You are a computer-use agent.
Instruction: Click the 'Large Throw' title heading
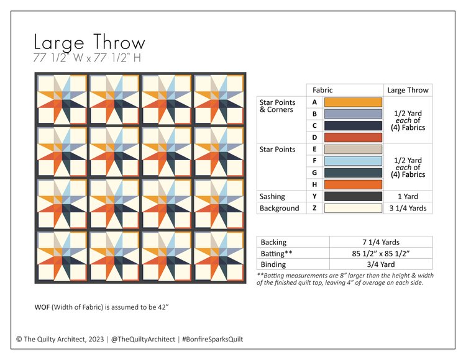89,43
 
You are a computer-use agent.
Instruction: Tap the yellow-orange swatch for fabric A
353,102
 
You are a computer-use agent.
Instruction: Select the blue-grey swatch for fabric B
353,114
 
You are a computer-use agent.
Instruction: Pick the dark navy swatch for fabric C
353,125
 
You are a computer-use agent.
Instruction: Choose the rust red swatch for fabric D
353,137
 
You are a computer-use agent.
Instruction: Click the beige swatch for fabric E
353,149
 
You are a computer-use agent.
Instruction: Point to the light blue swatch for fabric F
353,161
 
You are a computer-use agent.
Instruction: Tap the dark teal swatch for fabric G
353,173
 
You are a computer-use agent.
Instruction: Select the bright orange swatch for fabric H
353,184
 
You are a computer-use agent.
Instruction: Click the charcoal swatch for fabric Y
353,196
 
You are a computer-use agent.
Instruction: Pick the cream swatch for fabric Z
353,208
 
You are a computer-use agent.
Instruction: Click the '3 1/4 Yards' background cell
408,208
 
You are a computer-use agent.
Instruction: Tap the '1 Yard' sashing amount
408,196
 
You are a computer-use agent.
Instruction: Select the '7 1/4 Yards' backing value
380,242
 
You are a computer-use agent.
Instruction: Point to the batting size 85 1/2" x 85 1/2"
380,254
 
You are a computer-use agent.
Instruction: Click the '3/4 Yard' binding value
380,265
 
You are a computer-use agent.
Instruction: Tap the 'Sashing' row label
273,196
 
